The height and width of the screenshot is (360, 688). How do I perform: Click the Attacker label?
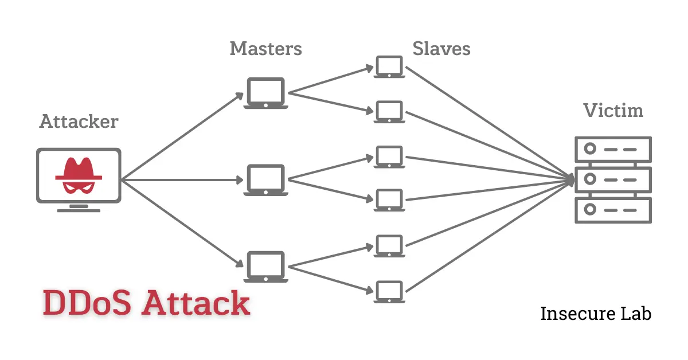coord(79,122)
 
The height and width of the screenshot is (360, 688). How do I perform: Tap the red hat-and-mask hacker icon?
coord(79,175)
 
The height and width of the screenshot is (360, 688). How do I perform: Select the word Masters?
coord(265,49)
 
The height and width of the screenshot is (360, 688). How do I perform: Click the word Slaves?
coord(441,49)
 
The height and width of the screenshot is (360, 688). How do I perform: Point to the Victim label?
coord(613,110)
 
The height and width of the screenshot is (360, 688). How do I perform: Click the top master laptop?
coord(265,93)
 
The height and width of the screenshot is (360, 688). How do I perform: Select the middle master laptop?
coord(265,180)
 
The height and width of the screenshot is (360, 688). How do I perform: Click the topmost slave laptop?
coord(390,66)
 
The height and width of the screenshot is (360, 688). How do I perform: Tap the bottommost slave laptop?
coord(390,291)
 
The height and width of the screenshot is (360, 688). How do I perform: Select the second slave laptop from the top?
coord(390,111)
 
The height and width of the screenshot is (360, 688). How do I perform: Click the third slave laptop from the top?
coord(390,156)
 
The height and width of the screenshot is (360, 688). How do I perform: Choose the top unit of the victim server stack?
coord(613,149)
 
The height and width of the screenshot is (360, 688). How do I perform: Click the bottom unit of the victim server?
coord(613,210)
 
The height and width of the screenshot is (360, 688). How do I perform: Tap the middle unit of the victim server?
coord(613,179)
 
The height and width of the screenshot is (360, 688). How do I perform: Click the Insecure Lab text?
coord(596,314)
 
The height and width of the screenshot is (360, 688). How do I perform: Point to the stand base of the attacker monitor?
coord(79,210)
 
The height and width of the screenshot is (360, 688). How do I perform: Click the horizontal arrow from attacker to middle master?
coord(183,180)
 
